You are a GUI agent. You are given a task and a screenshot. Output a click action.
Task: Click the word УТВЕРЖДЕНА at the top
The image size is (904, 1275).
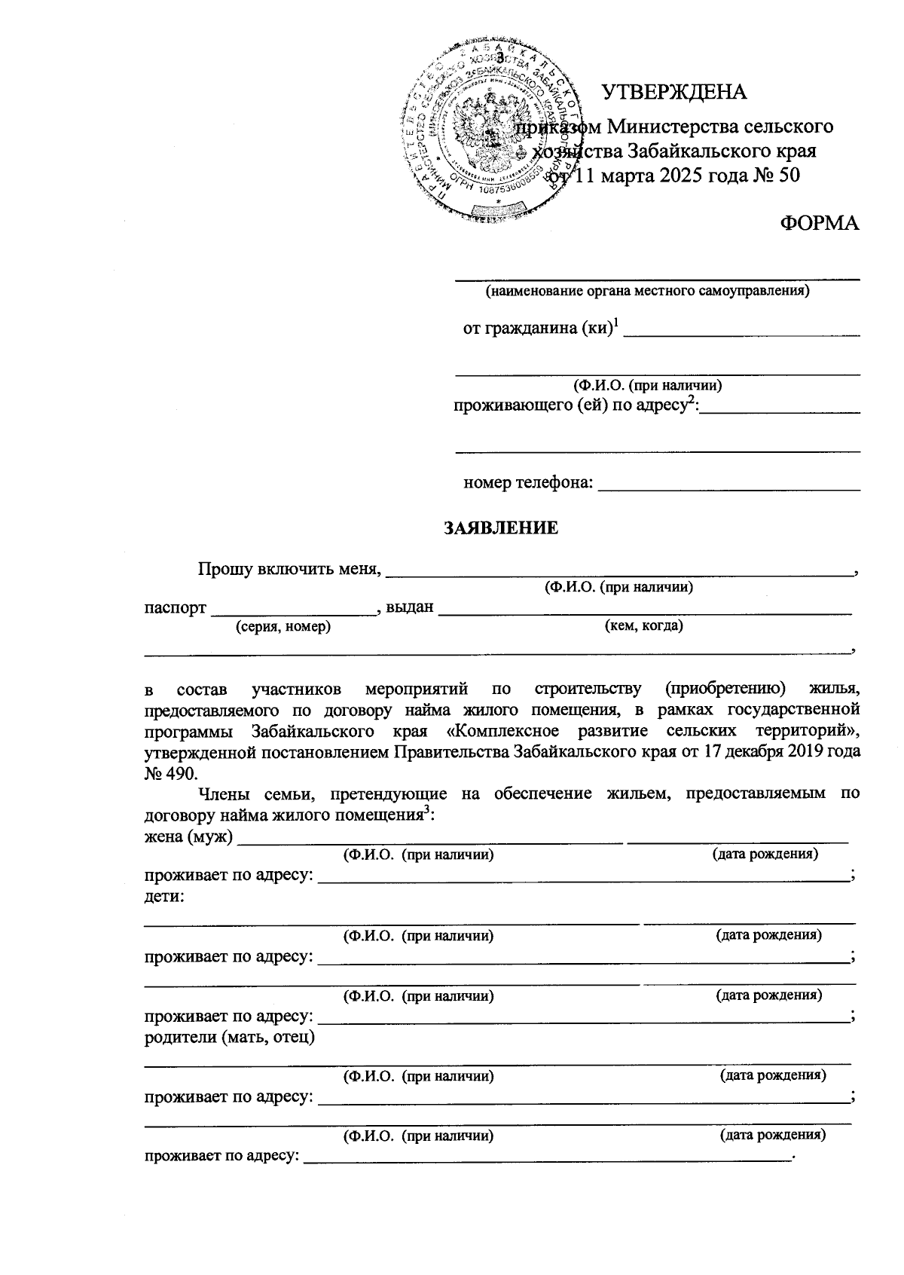[x=673, y=92]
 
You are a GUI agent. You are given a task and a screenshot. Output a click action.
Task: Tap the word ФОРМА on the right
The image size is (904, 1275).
[x=819, y=223]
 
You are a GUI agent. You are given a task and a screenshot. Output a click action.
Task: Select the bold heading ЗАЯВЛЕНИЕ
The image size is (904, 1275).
[x=501, y=528]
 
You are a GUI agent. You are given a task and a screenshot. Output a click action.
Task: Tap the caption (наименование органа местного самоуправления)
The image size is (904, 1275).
[x=647, y=290]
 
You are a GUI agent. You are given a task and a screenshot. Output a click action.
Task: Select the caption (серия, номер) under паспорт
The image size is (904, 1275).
[x=282, y=626]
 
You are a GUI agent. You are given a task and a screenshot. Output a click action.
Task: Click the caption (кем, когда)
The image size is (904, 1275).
[x=644, y=625]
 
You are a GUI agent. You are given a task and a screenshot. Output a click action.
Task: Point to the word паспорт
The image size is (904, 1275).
[x=175, y=608]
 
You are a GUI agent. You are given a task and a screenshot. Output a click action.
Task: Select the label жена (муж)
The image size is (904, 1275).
[x=188, y=836]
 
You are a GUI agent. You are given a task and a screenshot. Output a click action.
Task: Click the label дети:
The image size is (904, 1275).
[x=165, y=897]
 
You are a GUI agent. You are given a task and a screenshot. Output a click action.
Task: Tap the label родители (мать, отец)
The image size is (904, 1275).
[x=230, y=1037]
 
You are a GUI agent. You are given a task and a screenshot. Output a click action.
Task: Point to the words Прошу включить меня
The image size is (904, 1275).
[x=288, y=568]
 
